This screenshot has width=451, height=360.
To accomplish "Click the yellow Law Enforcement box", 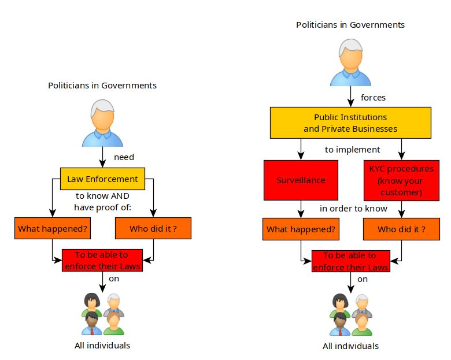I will pyautogui.click(x=102, y=179).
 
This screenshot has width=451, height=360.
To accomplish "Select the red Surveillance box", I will pyautogui.click(x=301, y=180).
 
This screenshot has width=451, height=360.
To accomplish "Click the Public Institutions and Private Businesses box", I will pyautogui.click(x=350, y=123).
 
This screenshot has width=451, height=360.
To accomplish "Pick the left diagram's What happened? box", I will pyautogui.click(x=52, y=229).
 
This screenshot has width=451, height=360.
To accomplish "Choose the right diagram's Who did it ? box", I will pyautogui.click(x=401, y=229).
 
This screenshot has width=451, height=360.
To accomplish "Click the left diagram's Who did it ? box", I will pyautogui.click(x=153, y=229).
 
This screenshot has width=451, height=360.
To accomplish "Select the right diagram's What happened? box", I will pyautogui.click(x=301, y=229).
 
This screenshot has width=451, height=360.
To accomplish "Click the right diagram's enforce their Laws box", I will pyautogui.click(x=350, y=261).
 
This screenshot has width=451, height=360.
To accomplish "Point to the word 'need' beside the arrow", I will pyautogui.click(x=124, y=157).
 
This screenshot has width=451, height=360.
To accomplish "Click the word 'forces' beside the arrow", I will pyautogui.click(x=373, y=97).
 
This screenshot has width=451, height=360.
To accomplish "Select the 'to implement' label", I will pyautogui.click(x=352, y=150).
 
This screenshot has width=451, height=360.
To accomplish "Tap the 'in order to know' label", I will pyautogui.click(x=353, y=208).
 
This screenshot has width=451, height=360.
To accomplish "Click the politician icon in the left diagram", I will pyautogui.click(x=102, y=123).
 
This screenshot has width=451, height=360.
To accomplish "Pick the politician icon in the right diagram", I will pyautogui.click(x=350, y=62).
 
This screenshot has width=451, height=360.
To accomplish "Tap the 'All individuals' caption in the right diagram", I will pyautogui.click(x=350, y=346).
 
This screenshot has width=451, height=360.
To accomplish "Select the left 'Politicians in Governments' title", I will pyautogui.click(x=102, y=86).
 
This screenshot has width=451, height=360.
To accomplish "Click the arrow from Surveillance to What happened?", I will pyautogui.click(x=301, y=209).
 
